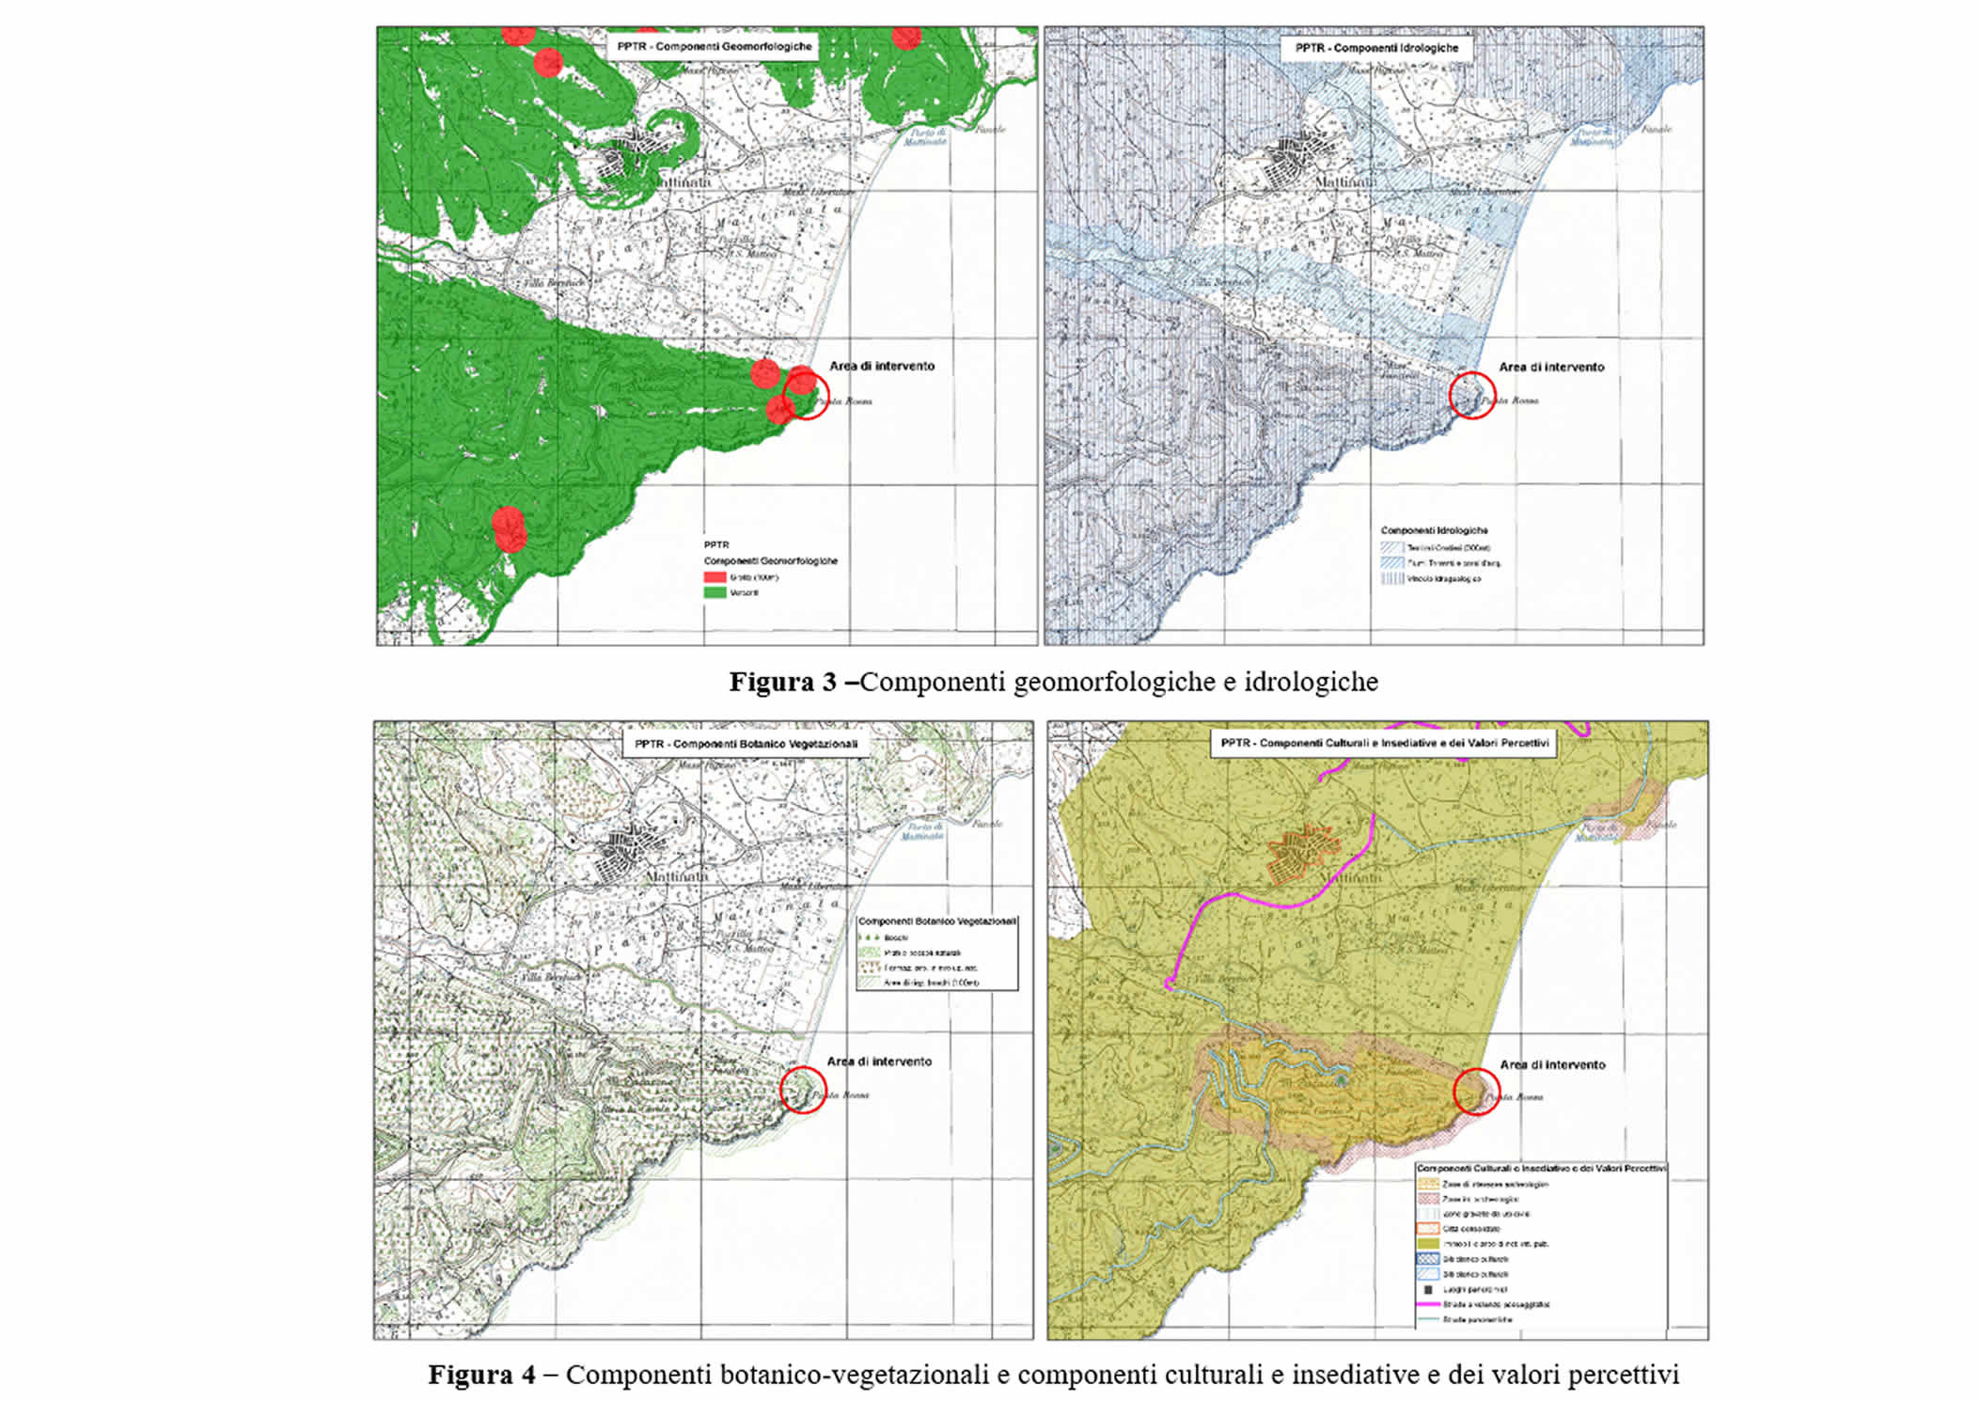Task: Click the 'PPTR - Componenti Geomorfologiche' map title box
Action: (x=714, y=46)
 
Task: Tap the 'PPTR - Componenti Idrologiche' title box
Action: (x=1376, y=48)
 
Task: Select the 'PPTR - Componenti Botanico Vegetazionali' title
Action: (x=746, y=744)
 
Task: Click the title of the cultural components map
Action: (x=1384, y=743)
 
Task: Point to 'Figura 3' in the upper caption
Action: (x=782, y=682)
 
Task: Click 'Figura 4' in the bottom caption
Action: (x=481, y=1375)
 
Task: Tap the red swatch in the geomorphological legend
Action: (x=715, y=577)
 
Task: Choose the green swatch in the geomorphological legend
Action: (x=715, y=593)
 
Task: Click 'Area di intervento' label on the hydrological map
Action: (x=1551, y=367)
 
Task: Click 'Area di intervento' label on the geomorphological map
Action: (x=882, y=366)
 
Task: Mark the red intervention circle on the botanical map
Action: (x=803, y=1090)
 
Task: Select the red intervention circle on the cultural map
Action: (x=1476, y=1092)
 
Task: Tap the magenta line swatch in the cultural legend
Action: (x=1428, y=1304)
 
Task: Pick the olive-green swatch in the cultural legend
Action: (x=1428, y=1244)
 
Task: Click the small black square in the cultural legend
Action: (x=1428, y=1289)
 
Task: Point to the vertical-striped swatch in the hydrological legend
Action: (x=1391, y=579)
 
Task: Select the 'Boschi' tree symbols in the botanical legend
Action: (x=870, y=937)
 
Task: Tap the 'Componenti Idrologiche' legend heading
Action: (x=1434, y=530)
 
